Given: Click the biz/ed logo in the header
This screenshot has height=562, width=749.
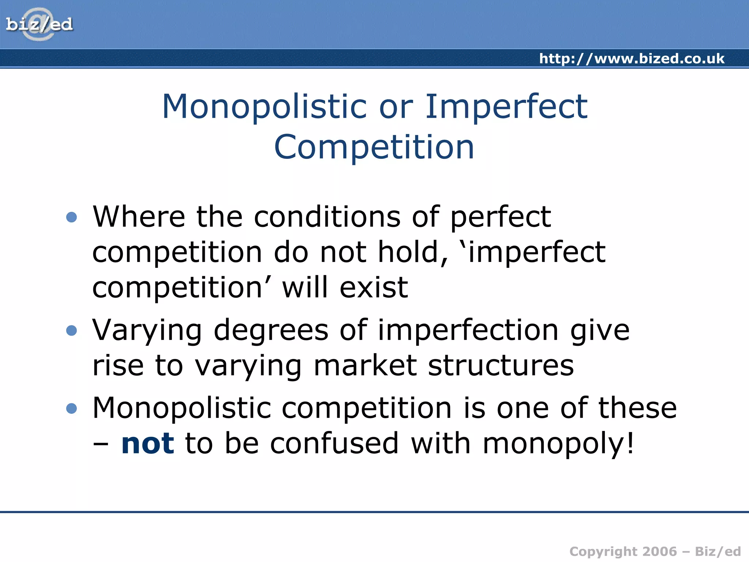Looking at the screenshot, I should pyautogui.click(x=39, y=25).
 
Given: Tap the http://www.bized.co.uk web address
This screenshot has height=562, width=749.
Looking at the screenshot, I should pyautogui.click(x=632, y=59).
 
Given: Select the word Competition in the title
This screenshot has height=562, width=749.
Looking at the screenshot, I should pyautogui.click(x=374, y=147).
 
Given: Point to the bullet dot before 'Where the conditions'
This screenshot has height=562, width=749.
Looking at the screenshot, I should pyautogui.click(x=72, y=217).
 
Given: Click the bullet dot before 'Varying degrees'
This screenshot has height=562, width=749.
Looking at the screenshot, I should pyautogui.click(x=72, y=331).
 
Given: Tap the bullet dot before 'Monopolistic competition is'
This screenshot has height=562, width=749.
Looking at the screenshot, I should pyautogui.click(x=72, y=408).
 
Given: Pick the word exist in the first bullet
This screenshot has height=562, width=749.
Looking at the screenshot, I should pyautogui.click(x=373, y=288).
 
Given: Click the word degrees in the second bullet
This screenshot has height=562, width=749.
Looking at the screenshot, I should pyautogui.click(x=271, y=330).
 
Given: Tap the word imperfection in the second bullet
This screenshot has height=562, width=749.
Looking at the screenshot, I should pyautogui.click(x=468, y=330).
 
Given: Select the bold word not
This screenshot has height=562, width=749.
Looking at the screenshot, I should pyautogui.click(x=148, y=443).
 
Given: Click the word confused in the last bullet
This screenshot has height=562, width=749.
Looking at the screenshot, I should pyautogui.click(x=334, y=443).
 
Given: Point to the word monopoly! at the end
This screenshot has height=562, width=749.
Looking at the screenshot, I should pyautogui.click(x=558, y=444).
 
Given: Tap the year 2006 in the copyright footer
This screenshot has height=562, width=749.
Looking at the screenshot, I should pyautogui.click(x=659, y=551).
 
